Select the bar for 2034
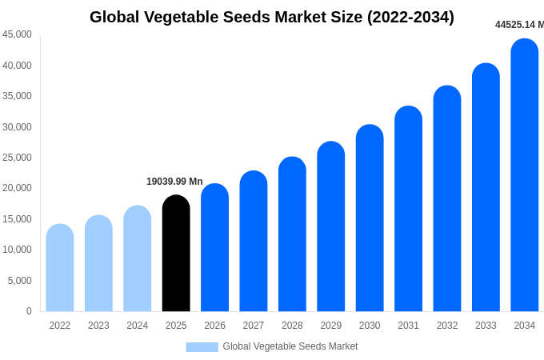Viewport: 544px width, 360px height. tap(525, 175)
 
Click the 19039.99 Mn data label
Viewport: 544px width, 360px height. tap(174, 182)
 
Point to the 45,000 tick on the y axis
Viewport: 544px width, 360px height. tap(18, 34)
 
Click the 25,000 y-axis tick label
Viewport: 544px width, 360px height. tap(18, 158)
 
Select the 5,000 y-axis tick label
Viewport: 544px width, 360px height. tap(20, 281)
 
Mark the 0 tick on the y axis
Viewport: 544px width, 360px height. tap(29, 311)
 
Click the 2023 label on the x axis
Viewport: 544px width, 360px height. tap(98, 326)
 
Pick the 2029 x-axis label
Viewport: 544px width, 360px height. tap(331, 326)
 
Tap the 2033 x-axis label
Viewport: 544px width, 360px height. tap(486, 326)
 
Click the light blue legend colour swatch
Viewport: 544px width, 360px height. tap(202, 346)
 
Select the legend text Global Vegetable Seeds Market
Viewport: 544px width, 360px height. tap(290, 346)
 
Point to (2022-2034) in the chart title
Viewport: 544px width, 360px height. tap(410, 17)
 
